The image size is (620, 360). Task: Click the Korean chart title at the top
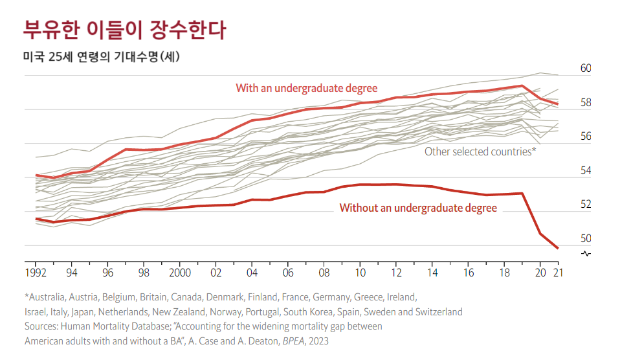(124, 29)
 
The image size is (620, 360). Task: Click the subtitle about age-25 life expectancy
(102, 57)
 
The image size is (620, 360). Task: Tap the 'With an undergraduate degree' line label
(306, 88)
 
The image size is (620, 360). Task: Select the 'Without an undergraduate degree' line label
(418, 208)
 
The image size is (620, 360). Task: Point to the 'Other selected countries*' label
(480, 152)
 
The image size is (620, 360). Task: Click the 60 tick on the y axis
(586, 69)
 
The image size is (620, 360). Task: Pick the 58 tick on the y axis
(586, 102)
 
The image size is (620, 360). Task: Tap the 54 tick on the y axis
(586, 170)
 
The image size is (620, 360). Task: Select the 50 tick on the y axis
(586, 239)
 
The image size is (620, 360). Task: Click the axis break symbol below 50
(586, 253)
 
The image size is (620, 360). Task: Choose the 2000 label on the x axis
(179, 273)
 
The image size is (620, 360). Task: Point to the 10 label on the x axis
(360, 273)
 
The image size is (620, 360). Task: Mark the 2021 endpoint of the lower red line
(558, 248)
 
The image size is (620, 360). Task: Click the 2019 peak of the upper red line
(522, 85)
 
